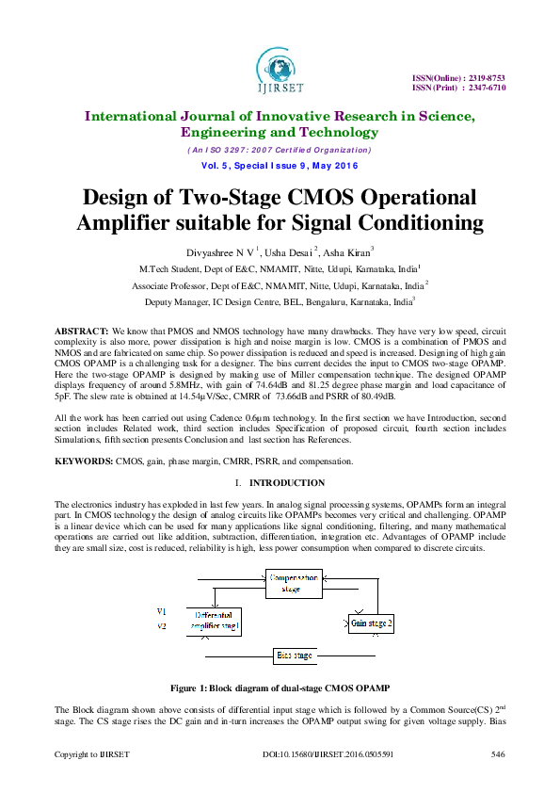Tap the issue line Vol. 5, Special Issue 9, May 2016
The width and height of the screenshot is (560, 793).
280,166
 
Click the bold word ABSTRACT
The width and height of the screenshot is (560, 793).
81,333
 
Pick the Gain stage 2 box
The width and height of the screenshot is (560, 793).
372,623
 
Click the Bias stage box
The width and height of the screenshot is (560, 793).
294,655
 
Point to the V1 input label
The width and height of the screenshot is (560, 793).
161,612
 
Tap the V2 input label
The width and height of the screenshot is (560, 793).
161,625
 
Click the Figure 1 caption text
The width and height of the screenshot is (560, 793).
280,688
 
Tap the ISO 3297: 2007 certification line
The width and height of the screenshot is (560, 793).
280,151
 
